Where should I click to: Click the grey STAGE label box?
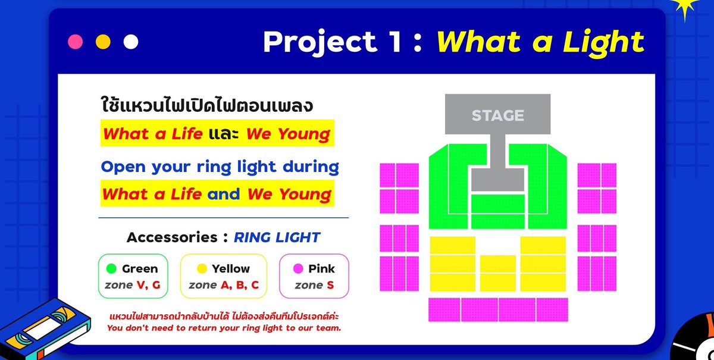coord(497,115)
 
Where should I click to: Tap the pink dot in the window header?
coord(76,42)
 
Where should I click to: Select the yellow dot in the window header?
coord(103,42)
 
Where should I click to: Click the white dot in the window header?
coord(130,42)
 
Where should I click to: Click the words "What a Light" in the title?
coord(540,42)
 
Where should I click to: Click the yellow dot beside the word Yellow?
coord(202,269)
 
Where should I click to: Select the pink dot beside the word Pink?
coord(298,269)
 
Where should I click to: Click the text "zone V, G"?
coord(133,285)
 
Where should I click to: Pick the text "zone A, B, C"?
coord(224,285)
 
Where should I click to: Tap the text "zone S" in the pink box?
coord(314,285)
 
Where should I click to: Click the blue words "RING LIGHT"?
coord(277,237)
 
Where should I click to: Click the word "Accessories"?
coord(172,237)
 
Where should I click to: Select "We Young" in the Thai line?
coord(288,134)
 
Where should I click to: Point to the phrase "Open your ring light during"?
coord(220,167)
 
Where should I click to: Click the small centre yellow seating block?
coord(497,273)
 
